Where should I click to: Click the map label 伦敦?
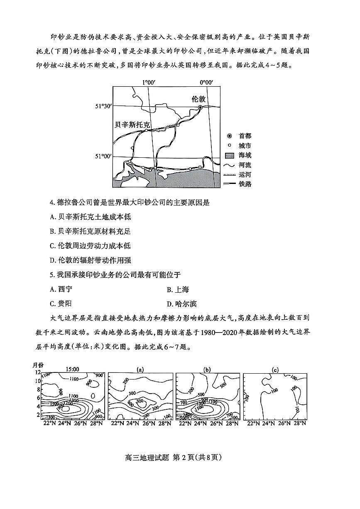pos(199,99)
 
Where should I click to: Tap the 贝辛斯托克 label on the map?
pos(133,124)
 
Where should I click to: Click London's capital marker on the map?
pos(200,107)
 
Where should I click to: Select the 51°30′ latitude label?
pos(104,106)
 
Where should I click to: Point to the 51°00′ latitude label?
pos(104,156)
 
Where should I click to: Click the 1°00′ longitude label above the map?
pos(149,83)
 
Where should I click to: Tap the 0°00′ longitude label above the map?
pos(206,83)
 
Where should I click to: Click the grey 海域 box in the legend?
pos(230,156)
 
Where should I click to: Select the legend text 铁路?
pos(245,184)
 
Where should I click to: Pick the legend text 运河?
pos(245,174)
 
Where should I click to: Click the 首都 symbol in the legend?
pos(229,136)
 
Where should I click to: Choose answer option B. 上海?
pos(178,290)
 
